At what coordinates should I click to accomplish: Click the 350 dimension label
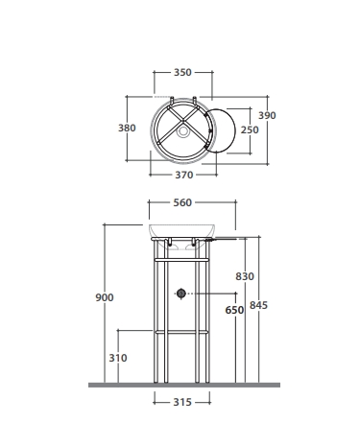[182, 72]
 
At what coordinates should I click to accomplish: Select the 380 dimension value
[127, 128]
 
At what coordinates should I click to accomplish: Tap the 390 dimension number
[267, 115]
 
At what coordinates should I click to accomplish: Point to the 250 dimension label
[250, 129]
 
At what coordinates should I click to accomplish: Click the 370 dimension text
[184, 175]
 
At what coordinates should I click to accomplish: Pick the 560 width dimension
[182, 202]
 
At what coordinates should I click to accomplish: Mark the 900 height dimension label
[105, 297]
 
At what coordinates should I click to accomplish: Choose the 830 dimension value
[245, 276]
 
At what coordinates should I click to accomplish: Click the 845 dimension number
[258, 305]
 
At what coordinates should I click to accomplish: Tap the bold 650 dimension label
[234, 310]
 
